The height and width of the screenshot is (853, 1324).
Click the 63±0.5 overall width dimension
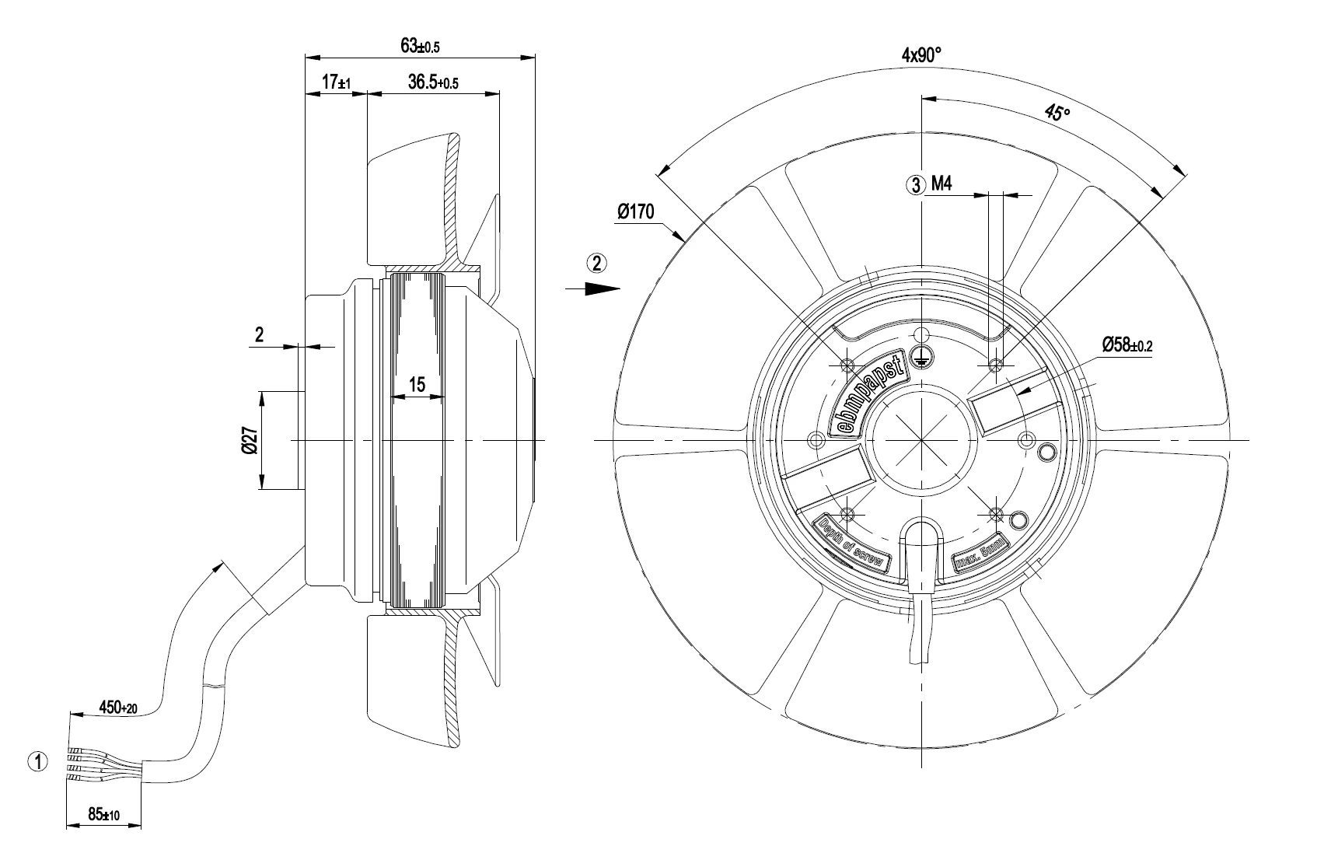pos(420,46)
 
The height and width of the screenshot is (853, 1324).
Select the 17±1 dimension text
pos(337,82)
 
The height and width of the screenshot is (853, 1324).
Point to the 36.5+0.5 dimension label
pos(433,82)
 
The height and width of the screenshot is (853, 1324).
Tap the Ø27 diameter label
pos(250,440)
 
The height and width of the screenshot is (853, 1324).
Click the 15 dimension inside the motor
pos(417,385)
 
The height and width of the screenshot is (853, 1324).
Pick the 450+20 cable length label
pos(118,707)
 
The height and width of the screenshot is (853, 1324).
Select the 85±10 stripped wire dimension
pos(104,815)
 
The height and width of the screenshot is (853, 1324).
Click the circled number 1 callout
pos(38,762)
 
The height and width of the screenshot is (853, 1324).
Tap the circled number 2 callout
pos(596,263)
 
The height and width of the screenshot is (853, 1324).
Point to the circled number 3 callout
pos(916,185)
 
